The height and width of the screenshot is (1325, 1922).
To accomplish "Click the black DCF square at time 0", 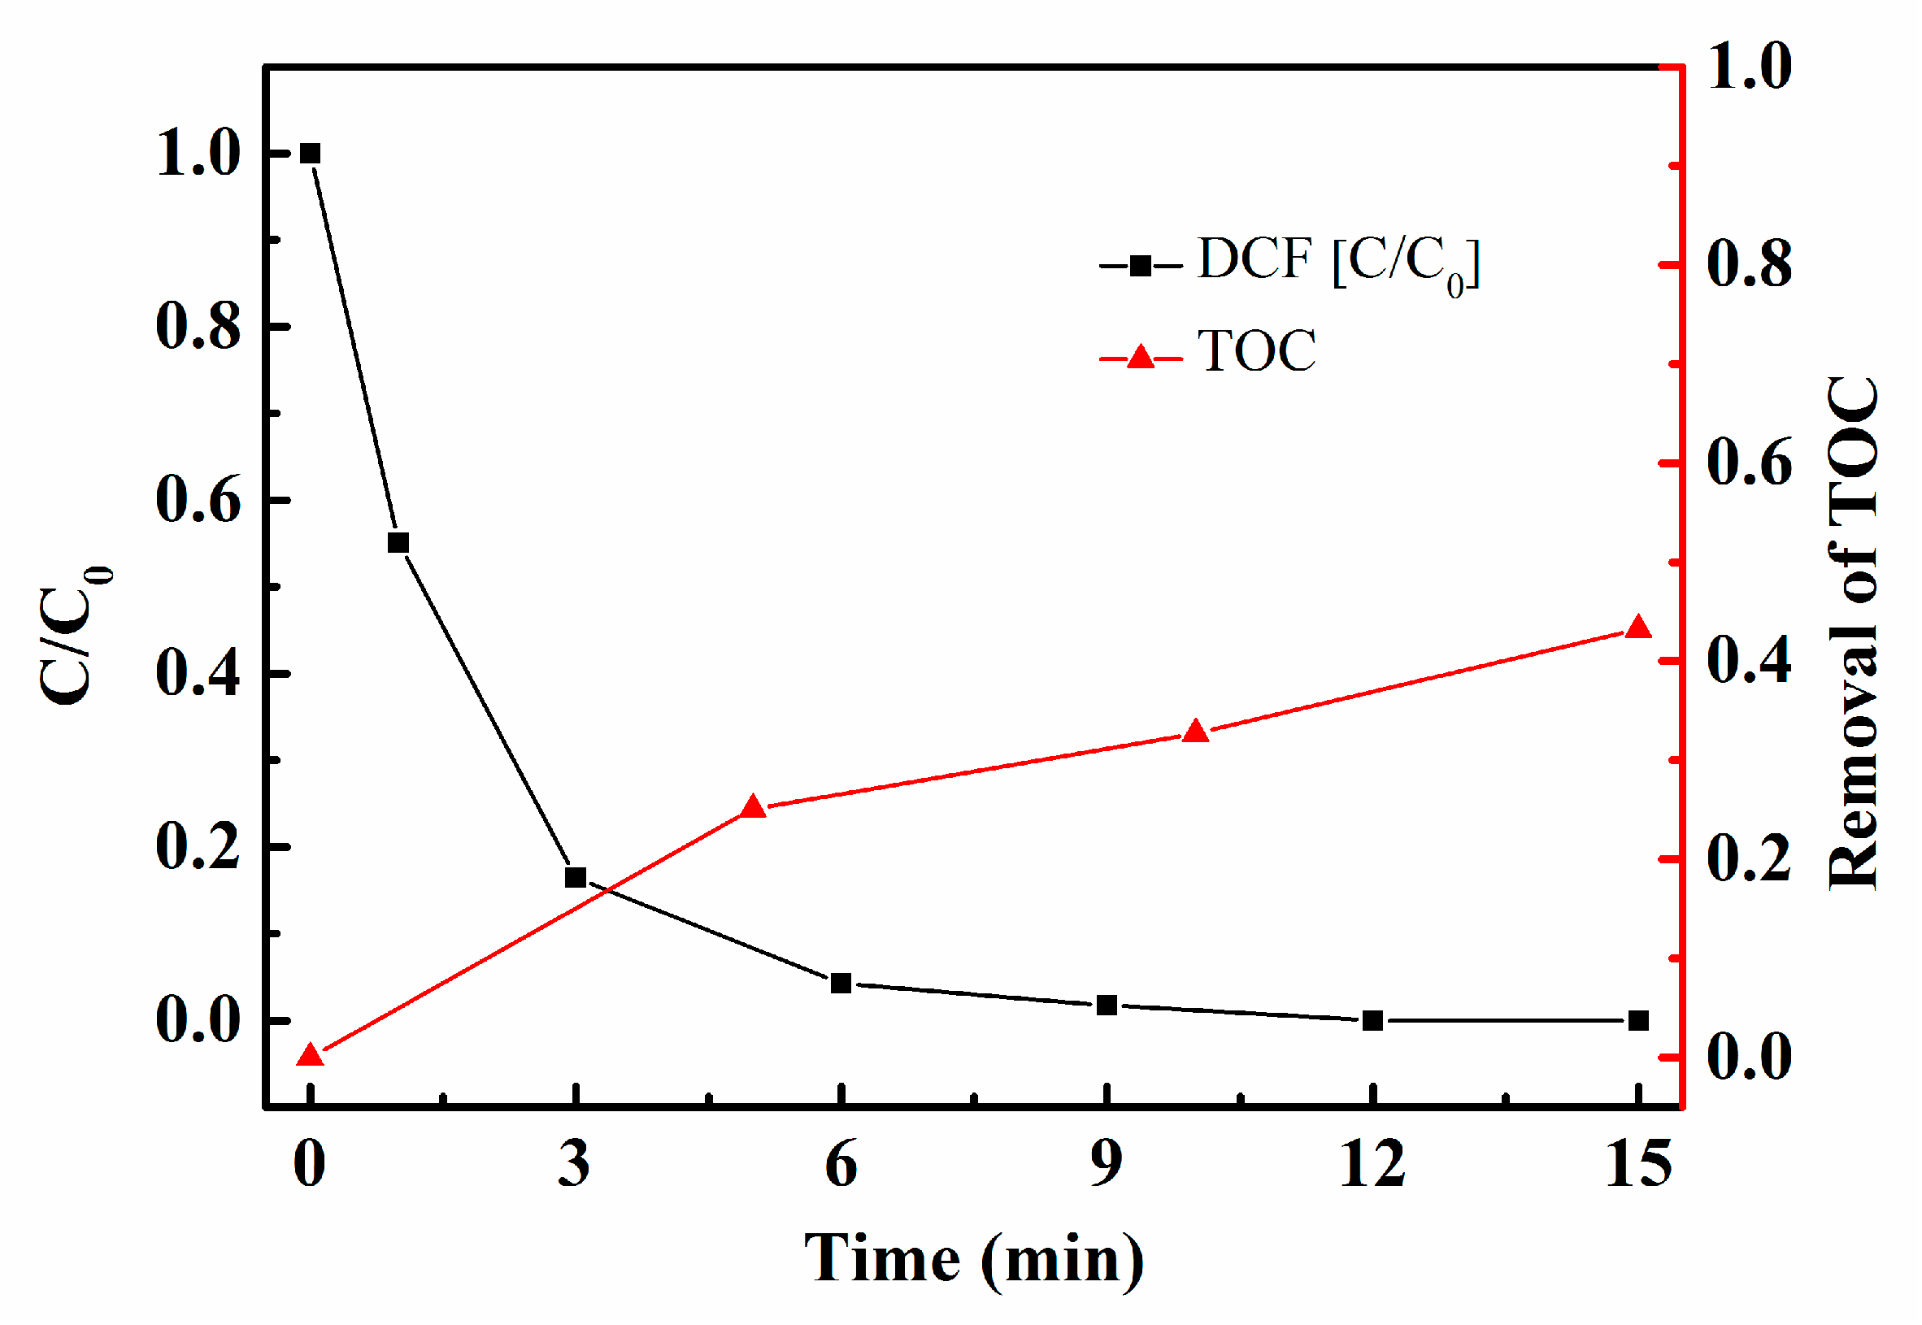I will pos(310,154).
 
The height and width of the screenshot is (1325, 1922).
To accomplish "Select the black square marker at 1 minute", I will pos(398,543).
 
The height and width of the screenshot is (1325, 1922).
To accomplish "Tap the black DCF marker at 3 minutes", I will pos(576,878).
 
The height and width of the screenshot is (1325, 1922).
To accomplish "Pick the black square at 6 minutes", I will pos(841,984).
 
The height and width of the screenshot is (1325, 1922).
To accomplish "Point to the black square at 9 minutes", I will pos(1107,1006).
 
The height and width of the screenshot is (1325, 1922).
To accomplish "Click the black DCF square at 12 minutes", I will pos(1373,1021).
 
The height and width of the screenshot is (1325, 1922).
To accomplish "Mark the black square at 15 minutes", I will pos(1638,1021).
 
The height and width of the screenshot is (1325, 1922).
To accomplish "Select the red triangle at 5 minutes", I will pos(753,807).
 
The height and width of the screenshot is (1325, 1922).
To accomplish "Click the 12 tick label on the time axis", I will pos(1373,1164).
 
